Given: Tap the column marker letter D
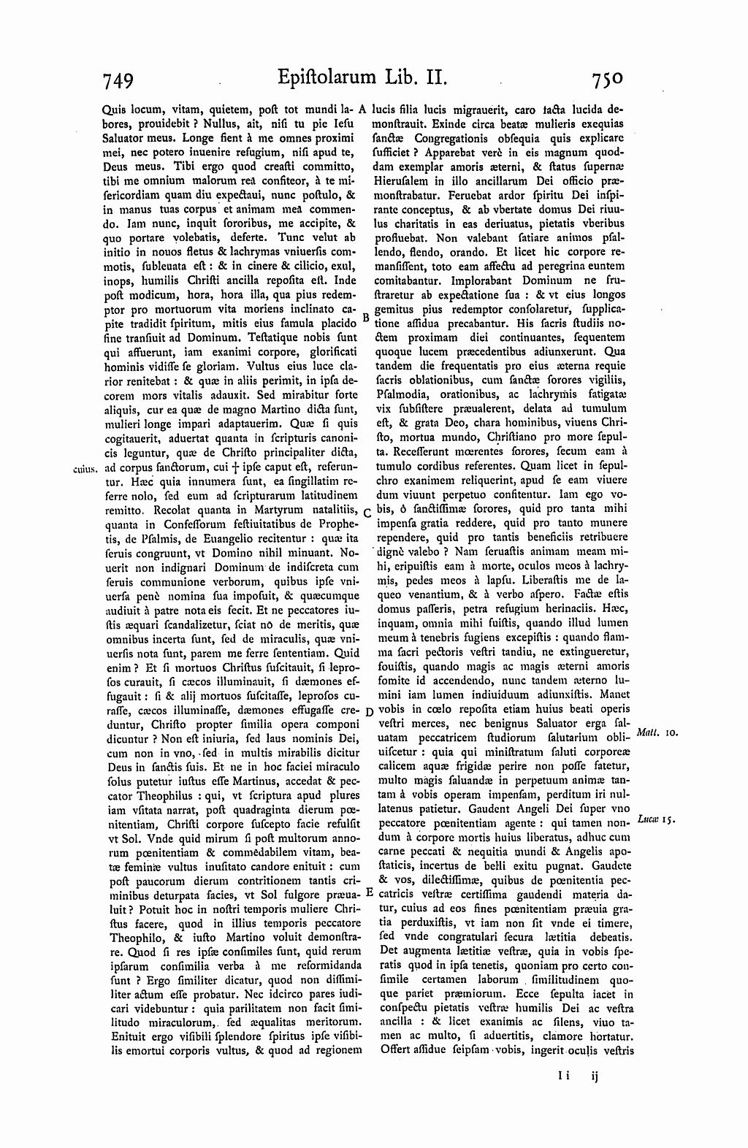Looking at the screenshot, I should [368, 711].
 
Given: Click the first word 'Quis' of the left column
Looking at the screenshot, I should [114, 107].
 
